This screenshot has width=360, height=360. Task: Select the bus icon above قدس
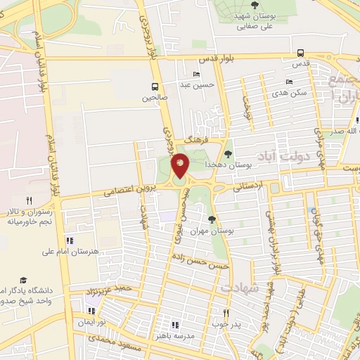[300, 53]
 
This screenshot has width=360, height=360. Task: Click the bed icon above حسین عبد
[196, 75]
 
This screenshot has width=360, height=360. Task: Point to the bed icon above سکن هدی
[289, 82]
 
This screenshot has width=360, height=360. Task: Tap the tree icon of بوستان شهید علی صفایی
[254, 5]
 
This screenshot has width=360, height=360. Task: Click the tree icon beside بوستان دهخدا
[227, 153]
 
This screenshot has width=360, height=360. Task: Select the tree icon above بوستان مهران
[212, 220]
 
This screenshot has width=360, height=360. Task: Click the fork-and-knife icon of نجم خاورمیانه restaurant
[29, 200]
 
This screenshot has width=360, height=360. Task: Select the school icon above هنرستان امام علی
[68, 240]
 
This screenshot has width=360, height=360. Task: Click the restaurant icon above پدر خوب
[226, 313]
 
